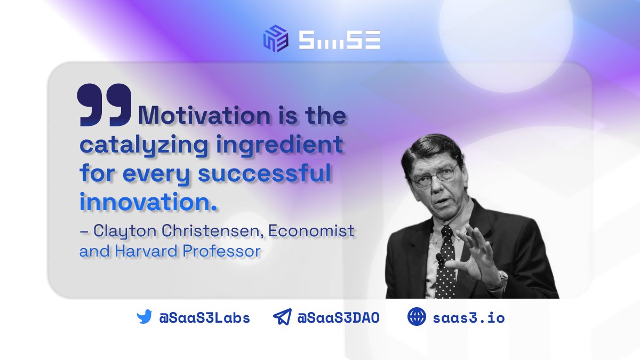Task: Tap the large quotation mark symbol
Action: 105,105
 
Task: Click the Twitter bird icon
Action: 144,318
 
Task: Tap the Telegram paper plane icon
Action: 282,318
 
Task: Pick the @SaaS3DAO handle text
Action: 338,318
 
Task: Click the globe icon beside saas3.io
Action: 417,317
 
